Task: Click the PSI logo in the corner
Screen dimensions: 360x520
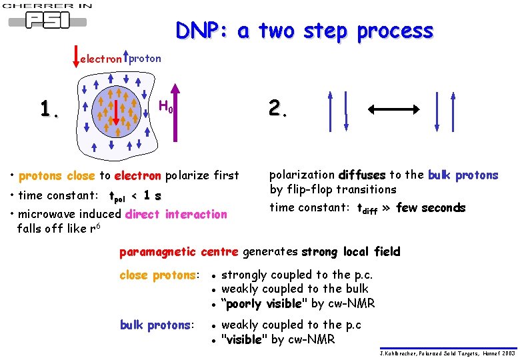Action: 47,18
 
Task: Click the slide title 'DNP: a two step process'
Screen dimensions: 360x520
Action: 305,31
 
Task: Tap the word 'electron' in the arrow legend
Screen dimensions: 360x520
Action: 101,59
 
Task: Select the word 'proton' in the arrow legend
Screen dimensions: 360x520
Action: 145,58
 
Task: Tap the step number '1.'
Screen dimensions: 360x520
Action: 49,108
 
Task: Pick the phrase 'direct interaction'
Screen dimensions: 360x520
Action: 177,214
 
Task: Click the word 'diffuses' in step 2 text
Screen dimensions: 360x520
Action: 362,175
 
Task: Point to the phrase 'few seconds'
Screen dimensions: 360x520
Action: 431,208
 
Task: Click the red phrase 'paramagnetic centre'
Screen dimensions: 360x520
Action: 178,251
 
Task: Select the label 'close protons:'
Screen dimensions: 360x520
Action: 159,275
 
